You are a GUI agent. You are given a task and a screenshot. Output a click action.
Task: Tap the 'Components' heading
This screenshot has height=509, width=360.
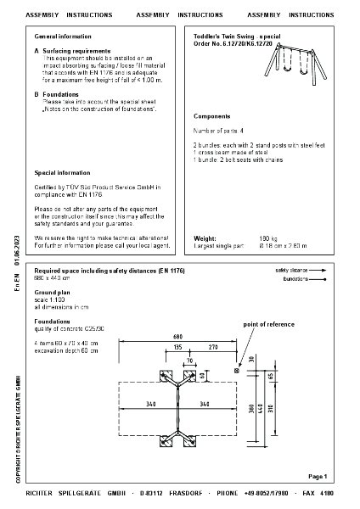click(x=212, y=115)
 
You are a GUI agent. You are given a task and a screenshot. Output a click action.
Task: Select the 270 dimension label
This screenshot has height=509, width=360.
click(x=212, y=347)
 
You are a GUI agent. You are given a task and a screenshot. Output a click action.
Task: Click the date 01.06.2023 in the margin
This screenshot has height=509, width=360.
click(x=17, y=252)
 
